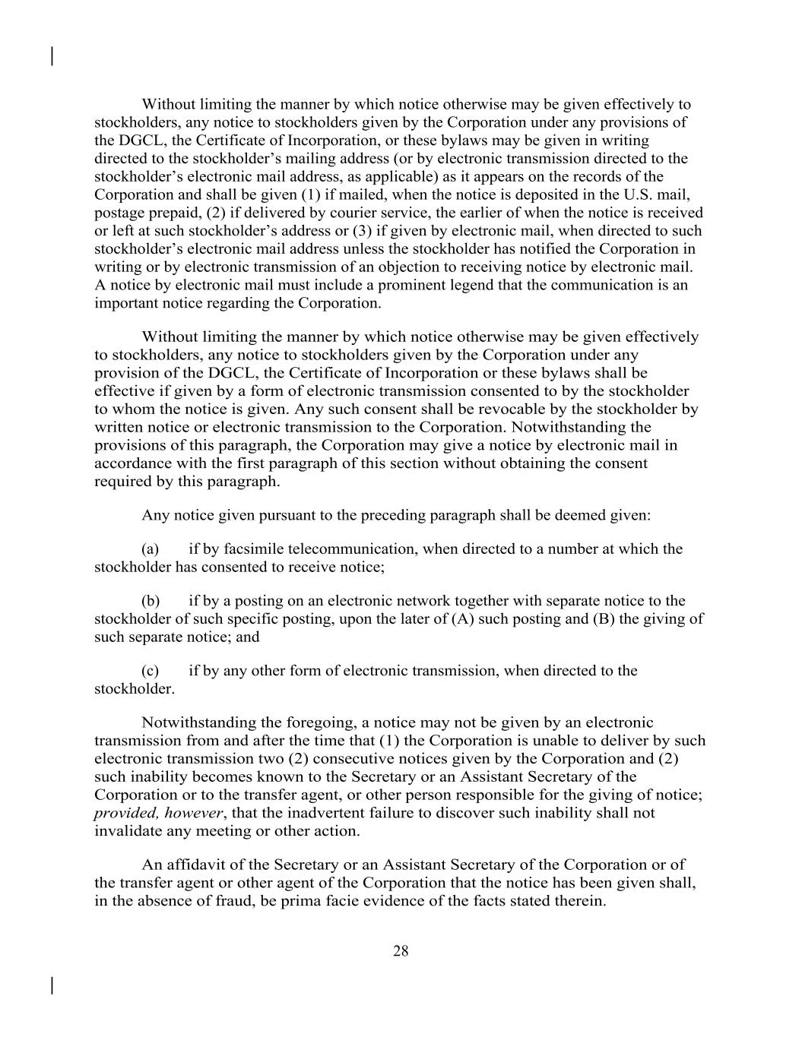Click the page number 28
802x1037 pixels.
click(x=401, y=951)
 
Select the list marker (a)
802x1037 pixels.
click(x=150, y=549)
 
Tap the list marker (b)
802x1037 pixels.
click(x=150, y=601)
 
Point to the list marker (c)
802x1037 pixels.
click(x=150, y=671)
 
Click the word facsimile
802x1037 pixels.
click(x=255, y=549)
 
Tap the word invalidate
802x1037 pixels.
click(x=127, y=831)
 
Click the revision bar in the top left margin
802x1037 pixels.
click(x=51, y=56)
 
